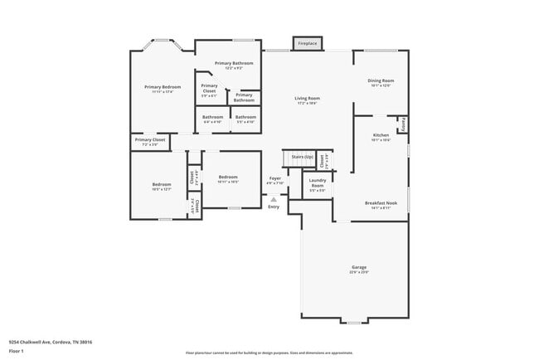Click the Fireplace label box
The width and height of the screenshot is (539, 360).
(x=307, y=42)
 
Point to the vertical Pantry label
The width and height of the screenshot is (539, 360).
(x=403, y=124)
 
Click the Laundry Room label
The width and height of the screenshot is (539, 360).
(x=317, y=184)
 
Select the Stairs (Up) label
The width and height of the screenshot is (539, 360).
(x=302, y=157)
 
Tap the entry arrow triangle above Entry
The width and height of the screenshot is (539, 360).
(x=274, y=199)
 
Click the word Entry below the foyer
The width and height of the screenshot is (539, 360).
(x=274, y=207)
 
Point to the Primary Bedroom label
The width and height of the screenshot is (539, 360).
(x=162, y=89)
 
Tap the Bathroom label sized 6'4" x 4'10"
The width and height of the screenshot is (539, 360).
(x=213, y=119)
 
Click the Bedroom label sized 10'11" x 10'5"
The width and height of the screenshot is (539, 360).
(x=228, y=178)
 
